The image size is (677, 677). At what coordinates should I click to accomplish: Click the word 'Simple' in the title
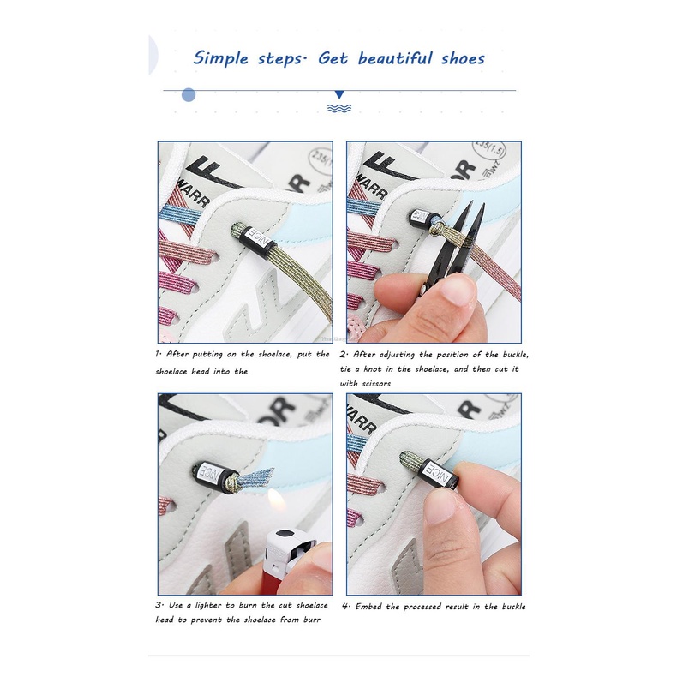click(x=220, y=58)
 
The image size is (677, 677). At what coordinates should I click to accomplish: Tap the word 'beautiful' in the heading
click(x=394, y=57)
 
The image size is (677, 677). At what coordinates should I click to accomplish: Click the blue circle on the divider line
click(x=189, y=94)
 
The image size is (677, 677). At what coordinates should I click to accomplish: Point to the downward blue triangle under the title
click(x=339, y=94)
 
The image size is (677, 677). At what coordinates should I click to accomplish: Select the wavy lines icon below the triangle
click(x=339, y=108)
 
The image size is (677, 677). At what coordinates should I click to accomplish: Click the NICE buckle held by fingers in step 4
click(x=440, y=473)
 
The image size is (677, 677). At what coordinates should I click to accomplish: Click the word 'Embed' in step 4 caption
click(x=368, y=607)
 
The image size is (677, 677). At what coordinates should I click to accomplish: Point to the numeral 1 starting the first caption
click(x=158, y=354)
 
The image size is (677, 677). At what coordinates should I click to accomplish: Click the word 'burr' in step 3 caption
click(x=311, y=620)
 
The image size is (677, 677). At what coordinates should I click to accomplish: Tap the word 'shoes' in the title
click(x=463, y=58)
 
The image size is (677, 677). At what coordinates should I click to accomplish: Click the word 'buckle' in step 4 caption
click(x=514, y=607)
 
